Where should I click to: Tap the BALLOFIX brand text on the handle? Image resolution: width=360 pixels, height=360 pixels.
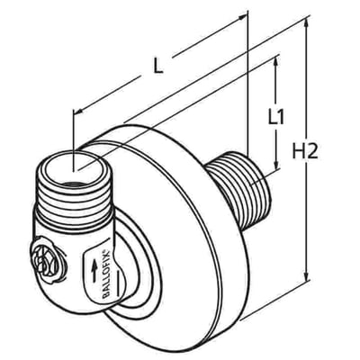tap(107, 274)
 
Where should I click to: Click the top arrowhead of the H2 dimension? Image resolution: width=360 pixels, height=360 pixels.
tap(306, 23)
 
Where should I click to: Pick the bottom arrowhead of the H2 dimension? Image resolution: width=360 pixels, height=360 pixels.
tap(306, 276)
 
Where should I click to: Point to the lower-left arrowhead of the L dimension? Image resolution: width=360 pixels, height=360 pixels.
tap(78, 112)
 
